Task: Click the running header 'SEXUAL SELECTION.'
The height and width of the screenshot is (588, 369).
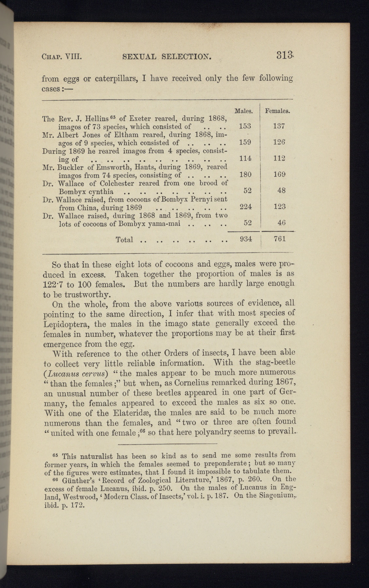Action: pos(167,58)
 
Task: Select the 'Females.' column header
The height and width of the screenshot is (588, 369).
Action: pos(278,111)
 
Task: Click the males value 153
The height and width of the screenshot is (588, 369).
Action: pos(245,126)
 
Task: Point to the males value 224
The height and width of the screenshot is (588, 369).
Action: pos(245,206)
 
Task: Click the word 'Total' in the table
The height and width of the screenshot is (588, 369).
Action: pos(124,240)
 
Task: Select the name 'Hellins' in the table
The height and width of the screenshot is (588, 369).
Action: pos(95,119)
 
